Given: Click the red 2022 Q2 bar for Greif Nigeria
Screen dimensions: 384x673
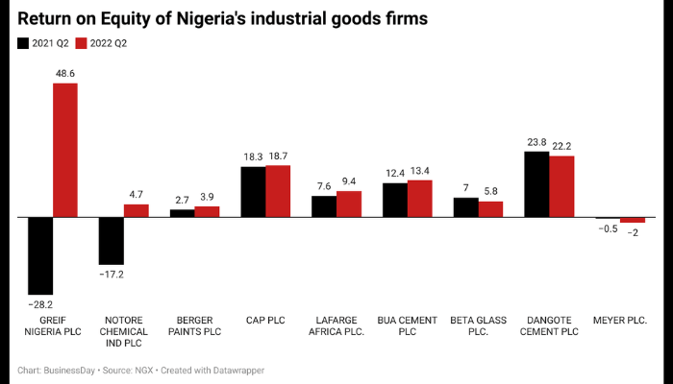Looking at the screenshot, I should (65, 150).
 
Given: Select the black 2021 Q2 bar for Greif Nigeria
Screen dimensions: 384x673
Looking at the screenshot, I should (40, 255).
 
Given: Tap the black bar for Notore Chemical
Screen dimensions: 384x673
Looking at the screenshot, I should (112, 240).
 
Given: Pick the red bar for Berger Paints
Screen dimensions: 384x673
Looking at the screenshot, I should (207, 211).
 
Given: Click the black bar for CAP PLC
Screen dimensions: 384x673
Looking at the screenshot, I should (253, 192).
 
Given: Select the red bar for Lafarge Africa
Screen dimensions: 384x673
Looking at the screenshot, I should (348, 204).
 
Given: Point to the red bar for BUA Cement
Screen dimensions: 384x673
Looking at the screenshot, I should (419, 198).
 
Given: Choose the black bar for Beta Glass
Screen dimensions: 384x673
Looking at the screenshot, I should (465, 207).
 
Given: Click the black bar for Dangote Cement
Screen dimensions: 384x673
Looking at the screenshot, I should (536, 184).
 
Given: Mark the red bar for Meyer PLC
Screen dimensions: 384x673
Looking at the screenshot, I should (632, 220).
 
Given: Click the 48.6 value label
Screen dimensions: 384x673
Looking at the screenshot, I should (65, 72).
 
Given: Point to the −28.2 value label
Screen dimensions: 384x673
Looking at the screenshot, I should (40, 304).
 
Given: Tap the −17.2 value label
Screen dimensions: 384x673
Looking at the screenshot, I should (112, 275).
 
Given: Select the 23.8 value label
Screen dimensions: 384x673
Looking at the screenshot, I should (536, 141).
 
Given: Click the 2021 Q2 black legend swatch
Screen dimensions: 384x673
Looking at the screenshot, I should (23, 43).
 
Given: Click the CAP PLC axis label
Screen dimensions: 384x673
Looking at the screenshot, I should (265, 320).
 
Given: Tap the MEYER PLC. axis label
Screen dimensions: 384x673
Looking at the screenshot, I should (619, 320).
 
